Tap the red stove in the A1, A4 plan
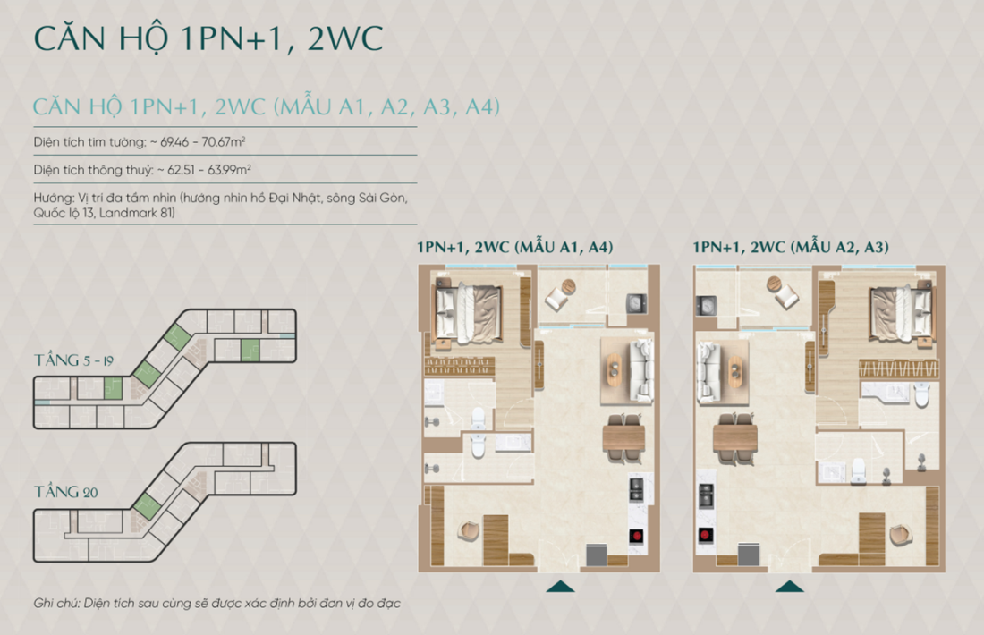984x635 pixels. (x=638, y=537)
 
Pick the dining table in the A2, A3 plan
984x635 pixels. (x=736, y=437)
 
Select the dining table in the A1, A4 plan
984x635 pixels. (x=623, y=437)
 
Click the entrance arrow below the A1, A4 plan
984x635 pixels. (x=560, y=587)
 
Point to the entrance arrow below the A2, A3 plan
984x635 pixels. (x=789, y=587)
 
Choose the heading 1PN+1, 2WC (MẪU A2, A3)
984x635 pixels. (x=791, y=248)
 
